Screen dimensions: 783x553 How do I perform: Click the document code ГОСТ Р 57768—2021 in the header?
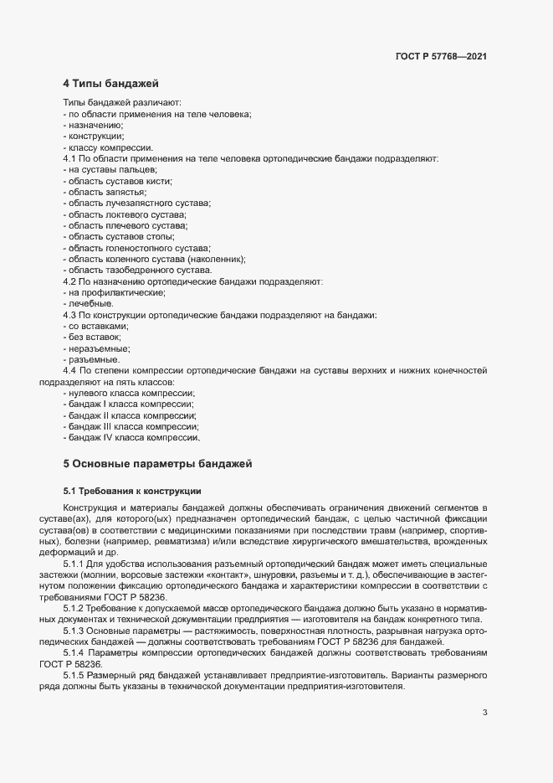440,57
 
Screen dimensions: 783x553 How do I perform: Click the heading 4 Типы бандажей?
111,84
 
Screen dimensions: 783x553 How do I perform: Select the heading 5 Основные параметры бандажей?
157,463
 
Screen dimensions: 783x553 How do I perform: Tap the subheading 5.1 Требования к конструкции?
132,490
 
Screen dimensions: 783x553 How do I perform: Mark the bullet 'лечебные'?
90,303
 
